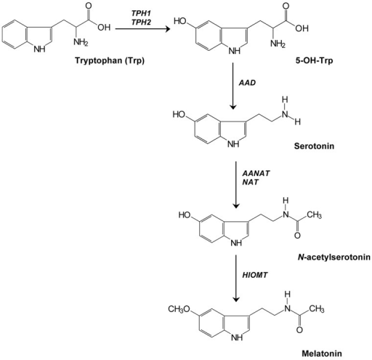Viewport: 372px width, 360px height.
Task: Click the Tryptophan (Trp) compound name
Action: point(110,60)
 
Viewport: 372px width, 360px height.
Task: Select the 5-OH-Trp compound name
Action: point(314,60)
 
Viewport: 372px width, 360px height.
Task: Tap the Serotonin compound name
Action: point(314,146)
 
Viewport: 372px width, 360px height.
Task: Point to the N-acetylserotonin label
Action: point(334,257)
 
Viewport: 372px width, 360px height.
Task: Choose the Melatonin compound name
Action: point(322,353)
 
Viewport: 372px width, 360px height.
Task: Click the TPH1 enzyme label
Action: point(141,14)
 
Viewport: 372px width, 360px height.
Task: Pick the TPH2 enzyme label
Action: point(141,22)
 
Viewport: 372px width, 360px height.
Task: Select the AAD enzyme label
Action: point(247,83)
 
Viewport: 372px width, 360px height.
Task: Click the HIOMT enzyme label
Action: point(255,275)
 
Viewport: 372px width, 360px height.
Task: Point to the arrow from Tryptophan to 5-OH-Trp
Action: point(142,29)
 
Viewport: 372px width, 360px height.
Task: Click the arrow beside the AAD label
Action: point(232,86)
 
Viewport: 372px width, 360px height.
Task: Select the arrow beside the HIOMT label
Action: point(236,278)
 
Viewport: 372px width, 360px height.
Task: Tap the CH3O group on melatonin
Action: point(179,309)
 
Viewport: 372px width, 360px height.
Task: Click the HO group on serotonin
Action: point(179,114)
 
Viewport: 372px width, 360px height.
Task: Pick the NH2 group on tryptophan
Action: point(81,42)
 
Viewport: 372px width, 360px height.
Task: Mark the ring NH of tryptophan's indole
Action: point(39,49)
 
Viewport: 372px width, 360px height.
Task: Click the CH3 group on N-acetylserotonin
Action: point(314,215)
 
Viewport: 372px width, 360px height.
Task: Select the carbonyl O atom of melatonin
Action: point(299,329)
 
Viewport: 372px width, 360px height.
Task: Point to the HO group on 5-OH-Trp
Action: point(180,21)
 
